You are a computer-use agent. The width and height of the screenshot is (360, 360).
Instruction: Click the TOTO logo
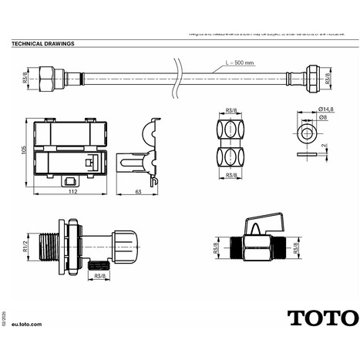coord(322,317)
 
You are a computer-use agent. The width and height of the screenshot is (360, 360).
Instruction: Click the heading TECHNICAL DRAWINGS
coord(43,44)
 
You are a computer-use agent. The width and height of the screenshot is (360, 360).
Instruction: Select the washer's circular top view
coord(308,133)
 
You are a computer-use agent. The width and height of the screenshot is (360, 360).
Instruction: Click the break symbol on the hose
coord(178,79)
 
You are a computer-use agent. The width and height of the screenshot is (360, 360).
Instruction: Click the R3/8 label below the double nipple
coord(230,177)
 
